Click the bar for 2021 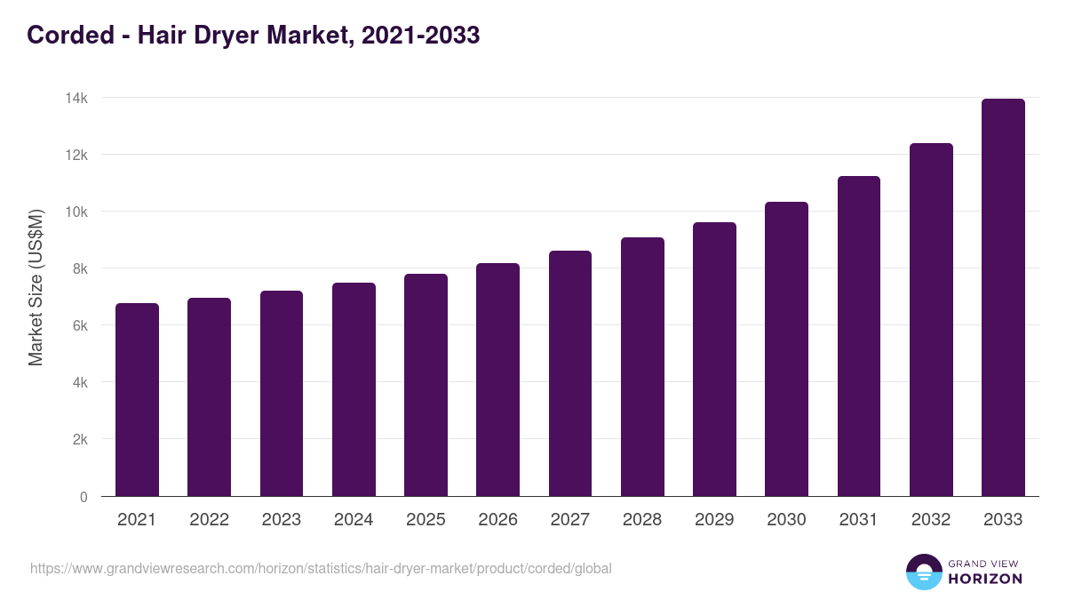(x=137, y=400)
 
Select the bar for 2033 (x=1003, y=298)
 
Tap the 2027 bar (x=570, y=373)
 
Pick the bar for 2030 (x=786, y=349)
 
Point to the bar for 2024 (x=354, y=389)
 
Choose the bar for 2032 (x=931, y=320)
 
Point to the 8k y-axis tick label (x=79, y=268)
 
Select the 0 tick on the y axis (x=84, y=497)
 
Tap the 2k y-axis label (x=79, y=440)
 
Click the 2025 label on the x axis (x=426, y=520)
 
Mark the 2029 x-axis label (x=714, y=520)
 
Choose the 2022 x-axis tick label (x=209, y=520)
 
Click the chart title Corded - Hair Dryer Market (x=253, y=35)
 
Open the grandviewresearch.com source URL (x=321, y=568)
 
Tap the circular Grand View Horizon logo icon (x=923, y=572)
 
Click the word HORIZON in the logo (x=985, y=579)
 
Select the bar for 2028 (x=642, y=366)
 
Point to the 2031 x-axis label (x=858, y=520)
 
